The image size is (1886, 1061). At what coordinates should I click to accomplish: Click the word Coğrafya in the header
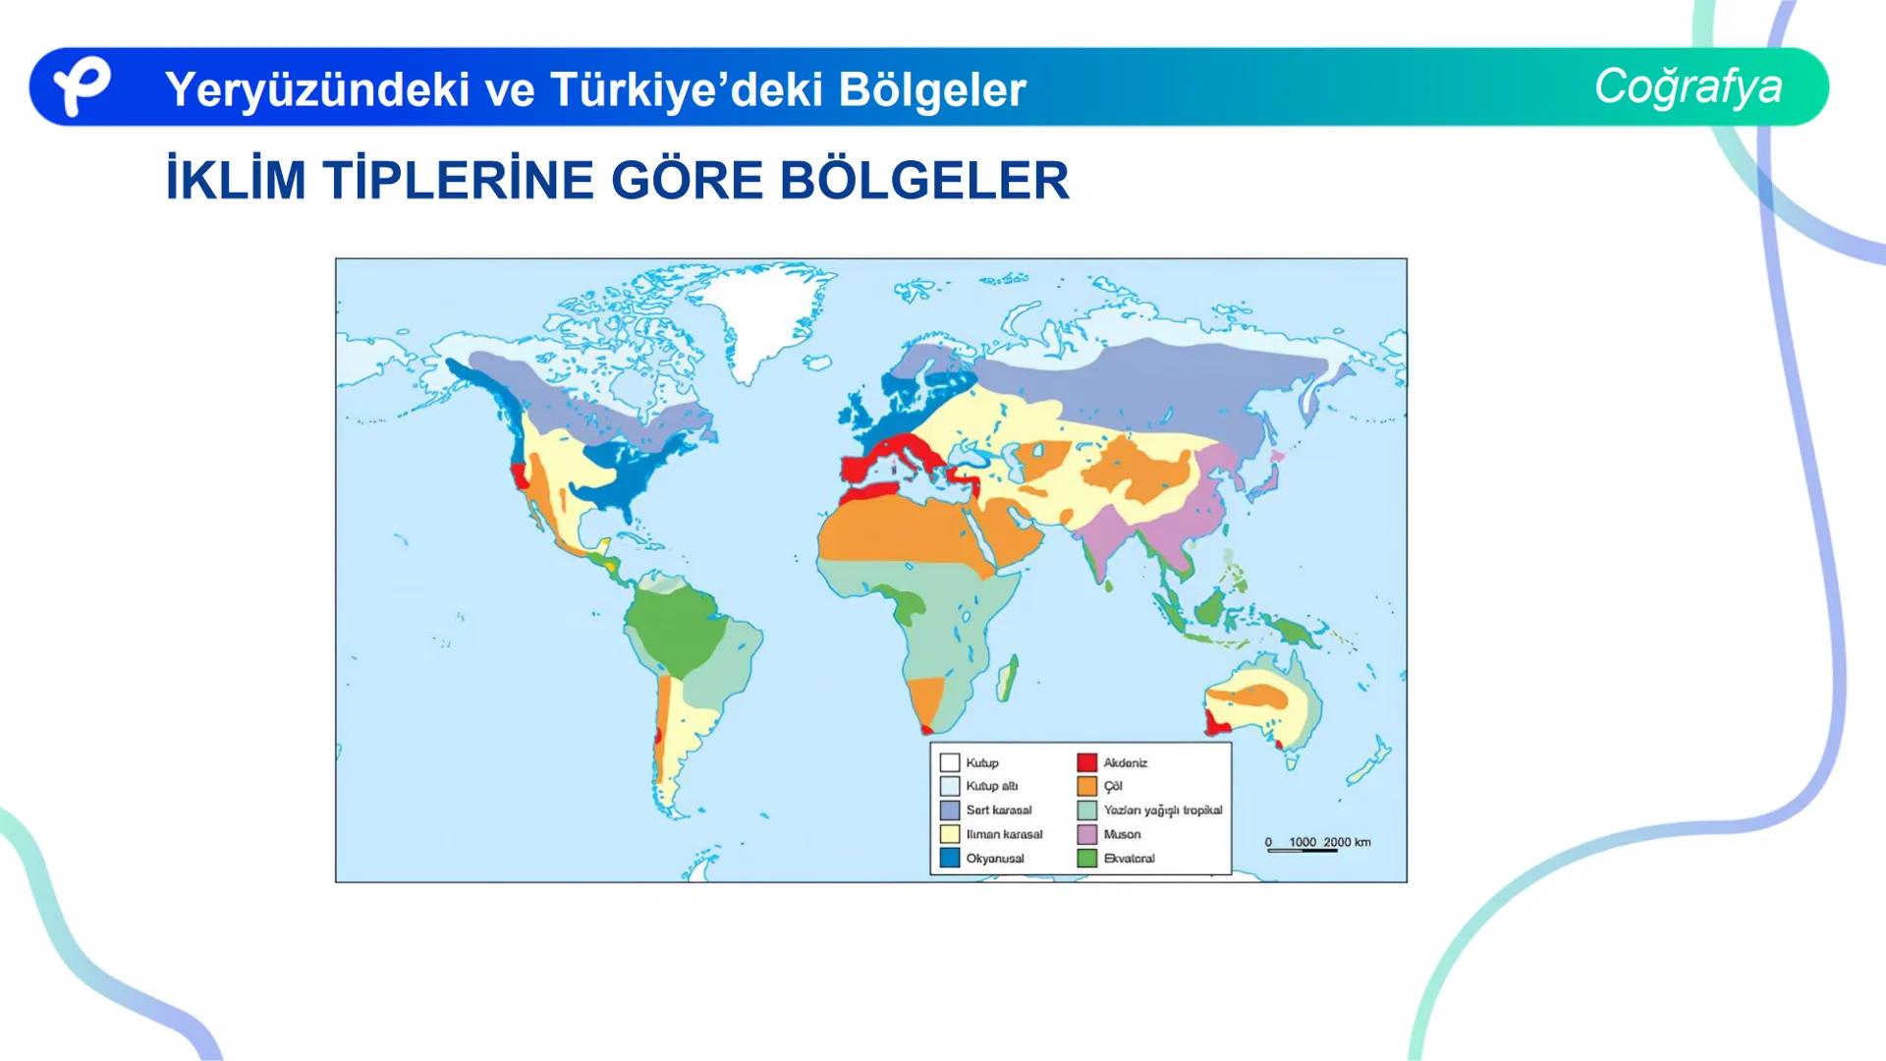1688,86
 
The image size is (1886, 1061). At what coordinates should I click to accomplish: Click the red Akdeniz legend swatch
1086,762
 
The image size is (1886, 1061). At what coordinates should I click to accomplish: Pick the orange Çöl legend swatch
1086,786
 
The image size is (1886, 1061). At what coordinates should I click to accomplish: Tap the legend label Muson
1122,834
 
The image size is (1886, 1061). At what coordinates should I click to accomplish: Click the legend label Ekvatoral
1129,858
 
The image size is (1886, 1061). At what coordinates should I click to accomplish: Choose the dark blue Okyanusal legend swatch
950,858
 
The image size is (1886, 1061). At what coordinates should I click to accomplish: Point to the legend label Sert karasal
998,810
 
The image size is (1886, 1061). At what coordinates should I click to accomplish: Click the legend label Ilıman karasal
1004,834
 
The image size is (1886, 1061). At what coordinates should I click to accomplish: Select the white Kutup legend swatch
950,762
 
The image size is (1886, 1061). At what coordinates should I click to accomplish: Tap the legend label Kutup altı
991,786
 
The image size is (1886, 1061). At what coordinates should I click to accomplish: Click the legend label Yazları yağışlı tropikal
1162,810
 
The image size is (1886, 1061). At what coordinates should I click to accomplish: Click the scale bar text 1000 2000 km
1328,842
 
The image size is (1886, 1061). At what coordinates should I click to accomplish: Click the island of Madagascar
1007,678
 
